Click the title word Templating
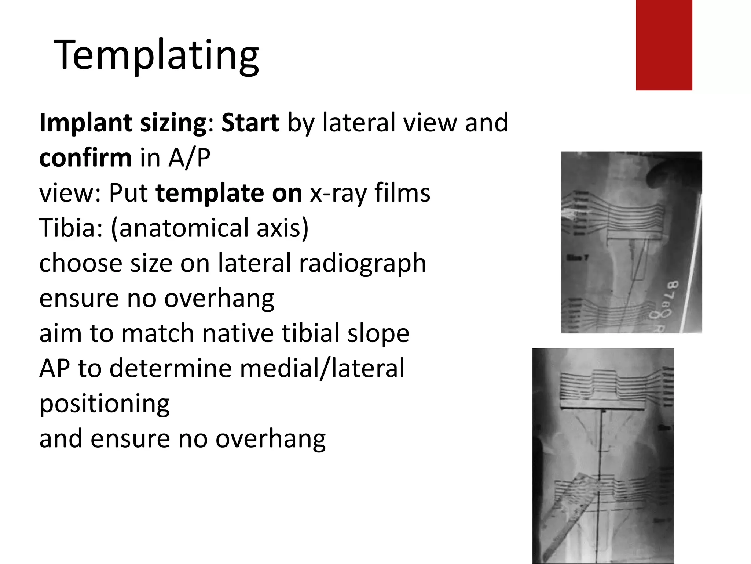pos(157,55)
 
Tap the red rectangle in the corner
pos(664,45)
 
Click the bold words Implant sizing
pos(123,123)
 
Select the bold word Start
pos(250,123)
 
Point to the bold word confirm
pos(85,158)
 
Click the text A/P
pos(189,158)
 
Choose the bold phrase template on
pos(229,193)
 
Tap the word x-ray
pos(338,193)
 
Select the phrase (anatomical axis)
pos(209,228)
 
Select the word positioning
pos(105,404)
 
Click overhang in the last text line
pos(270,439)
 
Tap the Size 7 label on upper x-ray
pos(578,258)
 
